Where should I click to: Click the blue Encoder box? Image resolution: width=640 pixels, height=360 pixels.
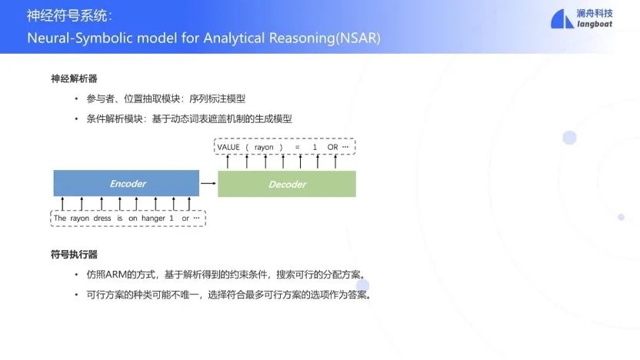coord(126,183)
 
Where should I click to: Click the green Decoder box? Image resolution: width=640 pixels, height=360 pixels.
coord(287,184)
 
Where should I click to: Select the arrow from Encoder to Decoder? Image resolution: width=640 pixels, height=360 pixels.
coord(208,183)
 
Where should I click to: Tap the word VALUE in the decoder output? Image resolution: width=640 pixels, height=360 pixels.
coord(228,147)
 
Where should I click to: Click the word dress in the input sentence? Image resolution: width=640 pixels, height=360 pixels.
coord(102,218)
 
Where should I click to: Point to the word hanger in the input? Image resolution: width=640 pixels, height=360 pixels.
coord(154,218)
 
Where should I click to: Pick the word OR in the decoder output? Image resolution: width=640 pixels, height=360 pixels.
coord(332,147)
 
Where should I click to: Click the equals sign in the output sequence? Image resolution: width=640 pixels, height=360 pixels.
coord(297,147)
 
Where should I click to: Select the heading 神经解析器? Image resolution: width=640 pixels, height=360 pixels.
coord(74,78)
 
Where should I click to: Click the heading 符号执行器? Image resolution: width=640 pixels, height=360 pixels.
coord(74,255)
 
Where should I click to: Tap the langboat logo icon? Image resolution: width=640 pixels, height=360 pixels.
coord(562,18)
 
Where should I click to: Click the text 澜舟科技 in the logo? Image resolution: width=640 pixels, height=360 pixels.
coord(595,14)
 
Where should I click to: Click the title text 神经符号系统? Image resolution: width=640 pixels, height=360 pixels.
coord(68,16)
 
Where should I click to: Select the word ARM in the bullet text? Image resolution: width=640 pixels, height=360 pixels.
coord(115,275)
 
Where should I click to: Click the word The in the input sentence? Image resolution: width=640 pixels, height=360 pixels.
coord(59,218)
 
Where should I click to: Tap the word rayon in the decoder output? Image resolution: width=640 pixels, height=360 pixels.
coord(264,148)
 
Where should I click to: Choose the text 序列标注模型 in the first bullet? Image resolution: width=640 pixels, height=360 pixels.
coord(217,98)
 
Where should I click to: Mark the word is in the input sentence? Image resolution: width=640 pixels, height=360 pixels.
coord(119,218)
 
